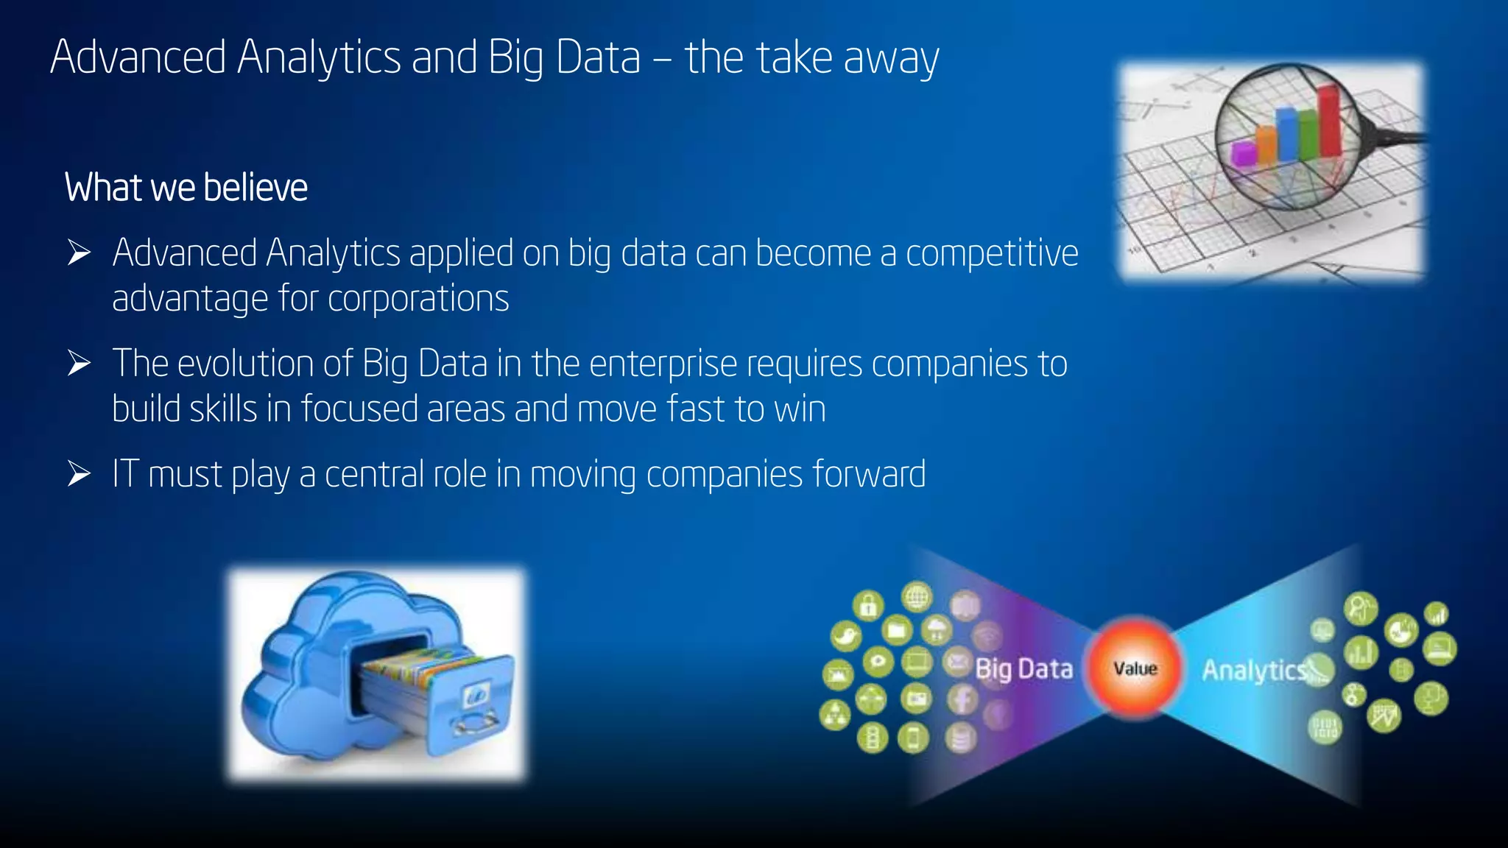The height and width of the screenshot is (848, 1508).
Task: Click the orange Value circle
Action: [1135, 668]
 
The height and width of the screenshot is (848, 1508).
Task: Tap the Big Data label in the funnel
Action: [1023, 669]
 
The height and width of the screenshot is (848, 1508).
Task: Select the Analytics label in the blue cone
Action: [1254, 670]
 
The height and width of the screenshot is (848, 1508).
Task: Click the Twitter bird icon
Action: [845, 636]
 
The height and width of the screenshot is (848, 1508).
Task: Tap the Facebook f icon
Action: [962, 699]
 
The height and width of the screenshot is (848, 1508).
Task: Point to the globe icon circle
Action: [917, 597]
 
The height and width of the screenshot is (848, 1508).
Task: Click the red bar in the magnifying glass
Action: [1329, 121]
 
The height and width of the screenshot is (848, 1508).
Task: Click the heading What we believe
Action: [186, 188]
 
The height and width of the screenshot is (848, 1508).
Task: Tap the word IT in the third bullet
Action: [126, 474]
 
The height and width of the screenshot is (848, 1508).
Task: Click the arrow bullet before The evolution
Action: [79, 364]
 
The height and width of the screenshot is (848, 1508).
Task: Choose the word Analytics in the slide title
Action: [319, 57]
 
